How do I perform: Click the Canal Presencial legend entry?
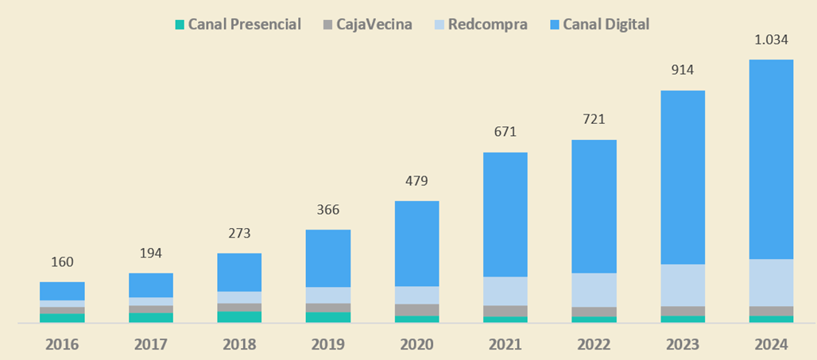(244, 24)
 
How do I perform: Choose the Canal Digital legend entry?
(606, 24)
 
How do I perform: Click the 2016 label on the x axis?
(62, 344)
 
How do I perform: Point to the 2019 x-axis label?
(327, 344)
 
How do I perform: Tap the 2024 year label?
(771, 344)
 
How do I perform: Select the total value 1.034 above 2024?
(771, 39)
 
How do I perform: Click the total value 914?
(683, 70)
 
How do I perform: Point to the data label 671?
(505, 132)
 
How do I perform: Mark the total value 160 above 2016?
(62, 261)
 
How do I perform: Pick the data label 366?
(327, 210)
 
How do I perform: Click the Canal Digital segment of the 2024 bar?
(771, 159)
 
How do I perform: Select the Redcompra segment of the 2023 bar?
(683, 285)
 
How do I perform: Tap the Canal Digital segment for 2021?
(505, 215)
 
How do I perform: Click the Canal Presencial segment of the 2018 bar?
(239, 317)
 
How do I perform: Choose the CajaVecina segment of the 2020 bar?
(416, 310)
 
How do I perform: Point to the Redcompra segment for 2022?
(594, 290)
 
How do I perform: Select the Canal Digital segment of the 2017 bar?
(151, 285)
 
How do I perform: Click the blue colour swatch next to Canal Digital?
(554, 25)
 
